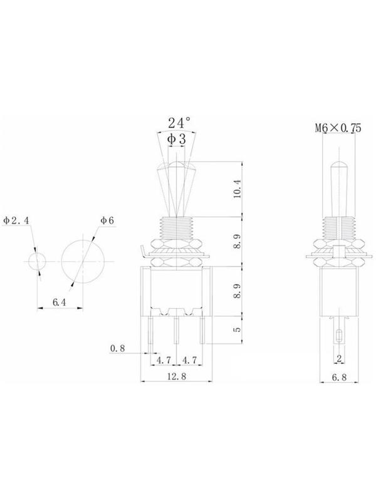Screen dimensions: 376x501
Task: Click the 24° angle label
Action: point(179,123)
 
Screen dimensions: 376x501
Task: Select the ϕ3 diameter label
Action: point(177,139)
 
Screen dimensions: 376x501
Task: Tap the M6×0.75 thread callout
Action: point(338,128)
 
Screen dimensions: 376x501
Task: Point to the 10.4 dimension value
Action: point(238,189)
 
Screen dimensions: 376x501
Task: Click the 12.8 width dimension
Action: point(177,376)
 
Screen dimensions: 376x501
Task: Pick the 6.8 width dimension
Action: point(339,378)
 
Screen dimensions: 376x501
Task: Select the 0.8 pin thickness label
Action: point(118,348)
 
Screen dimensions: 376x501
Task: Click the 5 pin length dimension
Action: point(238,329)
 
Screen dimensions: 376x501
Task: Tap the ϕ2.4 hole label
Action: point(16,220)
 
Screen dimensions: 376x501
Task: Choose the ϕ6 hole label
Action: point(107,220)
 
